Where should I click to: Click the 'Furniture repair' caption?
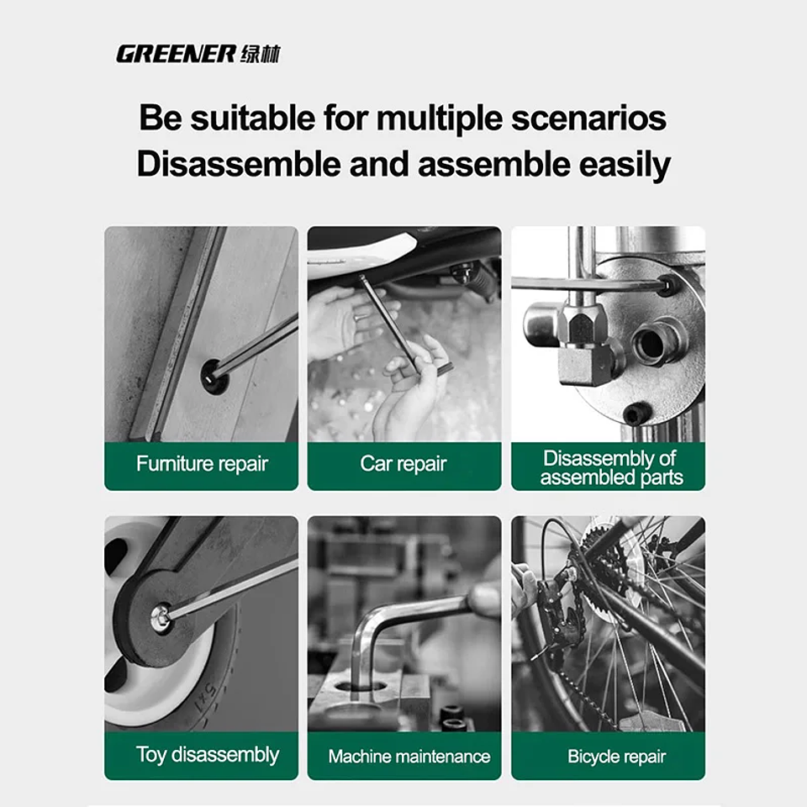pyautogui.click(x=202, y=464)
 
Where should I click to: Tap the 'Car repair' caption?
pyautogui.click(x=403, y=464)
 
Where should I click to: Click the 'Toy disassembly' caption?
pyautogui.click(x=207, y=755)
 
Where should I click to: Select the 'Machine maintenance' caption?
pyautogui.click(x=409, y=757)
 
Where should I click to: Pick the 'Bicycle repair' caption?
pyautogui.click(x=616, y=757)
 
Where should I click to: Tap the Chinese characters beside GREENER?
pyautogui.click(x=260, y=55)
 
